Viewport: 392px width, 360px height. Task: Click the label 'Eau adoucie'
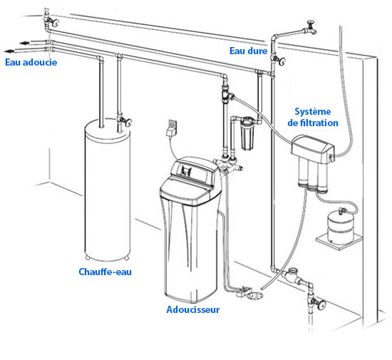(31, 62)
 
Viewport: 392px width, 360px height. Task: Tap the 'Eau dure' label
(248, 51)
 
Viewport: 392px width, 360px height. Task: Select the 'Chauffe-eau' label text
(105, 272)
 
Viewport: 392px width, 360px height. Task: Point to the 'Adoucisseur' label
(193, 310)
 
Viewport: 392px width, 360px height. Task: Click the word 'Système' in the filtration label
(312, 111)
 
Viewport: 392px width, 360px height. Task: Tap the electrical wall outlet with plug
(172, 128)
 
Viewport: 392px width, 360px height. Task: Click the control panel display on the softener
(186, 171)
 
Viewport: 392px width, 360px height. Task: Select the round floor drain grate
(254, 296)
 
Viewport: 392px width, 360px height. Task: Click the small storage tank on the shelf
(340, 227)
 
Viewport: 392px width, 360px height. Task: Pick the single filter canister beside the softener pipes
(247, 133)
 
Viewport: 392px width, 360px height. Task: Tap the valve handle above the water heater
(128, 123)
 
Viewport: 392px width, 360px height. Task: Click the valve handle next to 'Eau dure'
(282, 61)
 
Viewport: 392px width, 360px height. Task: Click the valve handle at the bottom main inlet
(321, 305)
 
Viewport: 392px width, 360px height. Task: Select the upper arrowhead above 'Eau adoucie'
(24, 43)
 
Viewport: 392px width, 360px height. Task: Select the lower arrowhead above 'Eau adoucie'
(9, 51)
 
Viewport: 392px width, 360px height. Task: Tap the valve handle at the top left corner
(55, 23)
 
